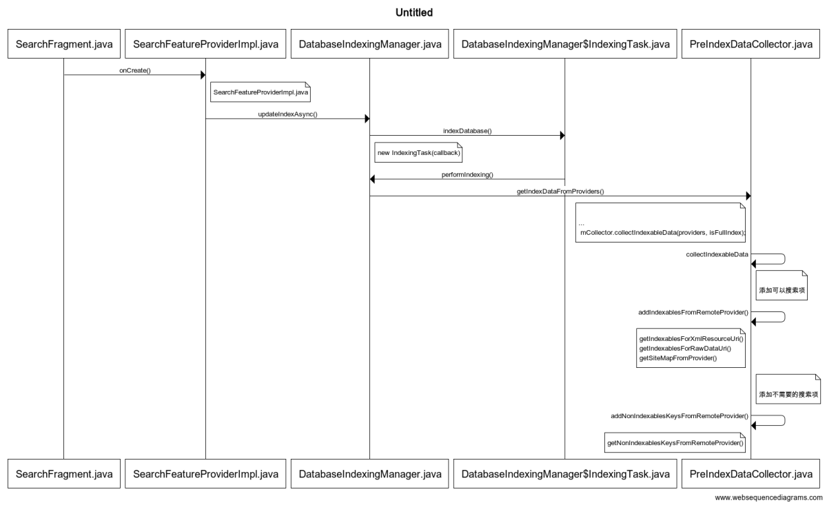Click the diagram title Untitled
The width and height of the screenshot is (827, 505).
[413, 12]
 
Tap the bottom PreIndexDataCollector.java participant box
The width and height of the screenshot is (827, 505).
[751, 474]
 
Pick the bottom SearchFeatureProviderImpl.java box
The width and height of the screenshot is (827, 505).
[205, 474]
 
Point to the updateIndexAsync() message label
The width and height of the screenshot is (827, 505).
[287, 114]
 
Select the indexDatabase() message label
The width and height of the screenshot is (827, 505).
[467, 130]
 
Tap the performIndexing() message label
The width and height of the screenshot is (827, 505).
[467, 175]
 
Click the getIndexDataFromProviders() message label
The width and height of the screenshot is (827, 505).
[560, 192]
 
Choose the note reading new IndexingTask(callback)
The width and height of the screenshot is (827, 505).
[418, 152]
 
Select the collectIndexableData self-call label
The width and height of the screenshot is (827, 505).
[717, 255]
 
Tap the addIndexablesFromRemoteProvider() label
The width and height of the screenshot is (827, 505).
[693, 313]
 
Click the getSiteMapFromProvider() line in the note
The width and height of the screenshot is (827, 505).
[678, 358]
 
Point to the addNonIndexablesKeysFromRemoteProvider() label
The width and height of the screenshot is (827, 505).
[680, 416]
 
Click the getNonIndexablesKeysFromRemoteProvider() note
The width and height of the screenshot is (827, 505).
[675, 442]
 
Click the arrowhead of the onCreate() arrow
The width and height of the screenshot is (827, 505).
[202, 74]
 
